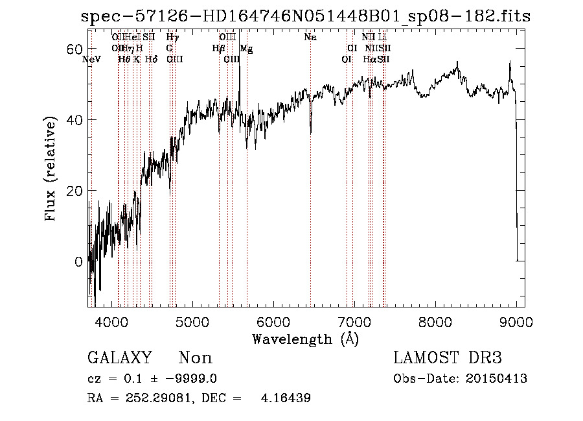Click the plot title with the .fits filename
[306, 17]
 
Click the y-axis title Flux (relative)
[51, 169]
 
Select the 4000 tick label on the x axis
[112, 322]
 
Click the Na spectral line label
[310, 38]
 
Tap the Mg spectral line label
[246, 49]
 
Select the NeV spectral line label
[92, 60]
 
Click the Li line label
[382, 38]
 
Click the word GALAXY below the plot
[119, 358]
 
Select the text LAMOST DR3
[448, 358]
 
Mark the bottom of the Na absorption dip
[310, 134]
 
